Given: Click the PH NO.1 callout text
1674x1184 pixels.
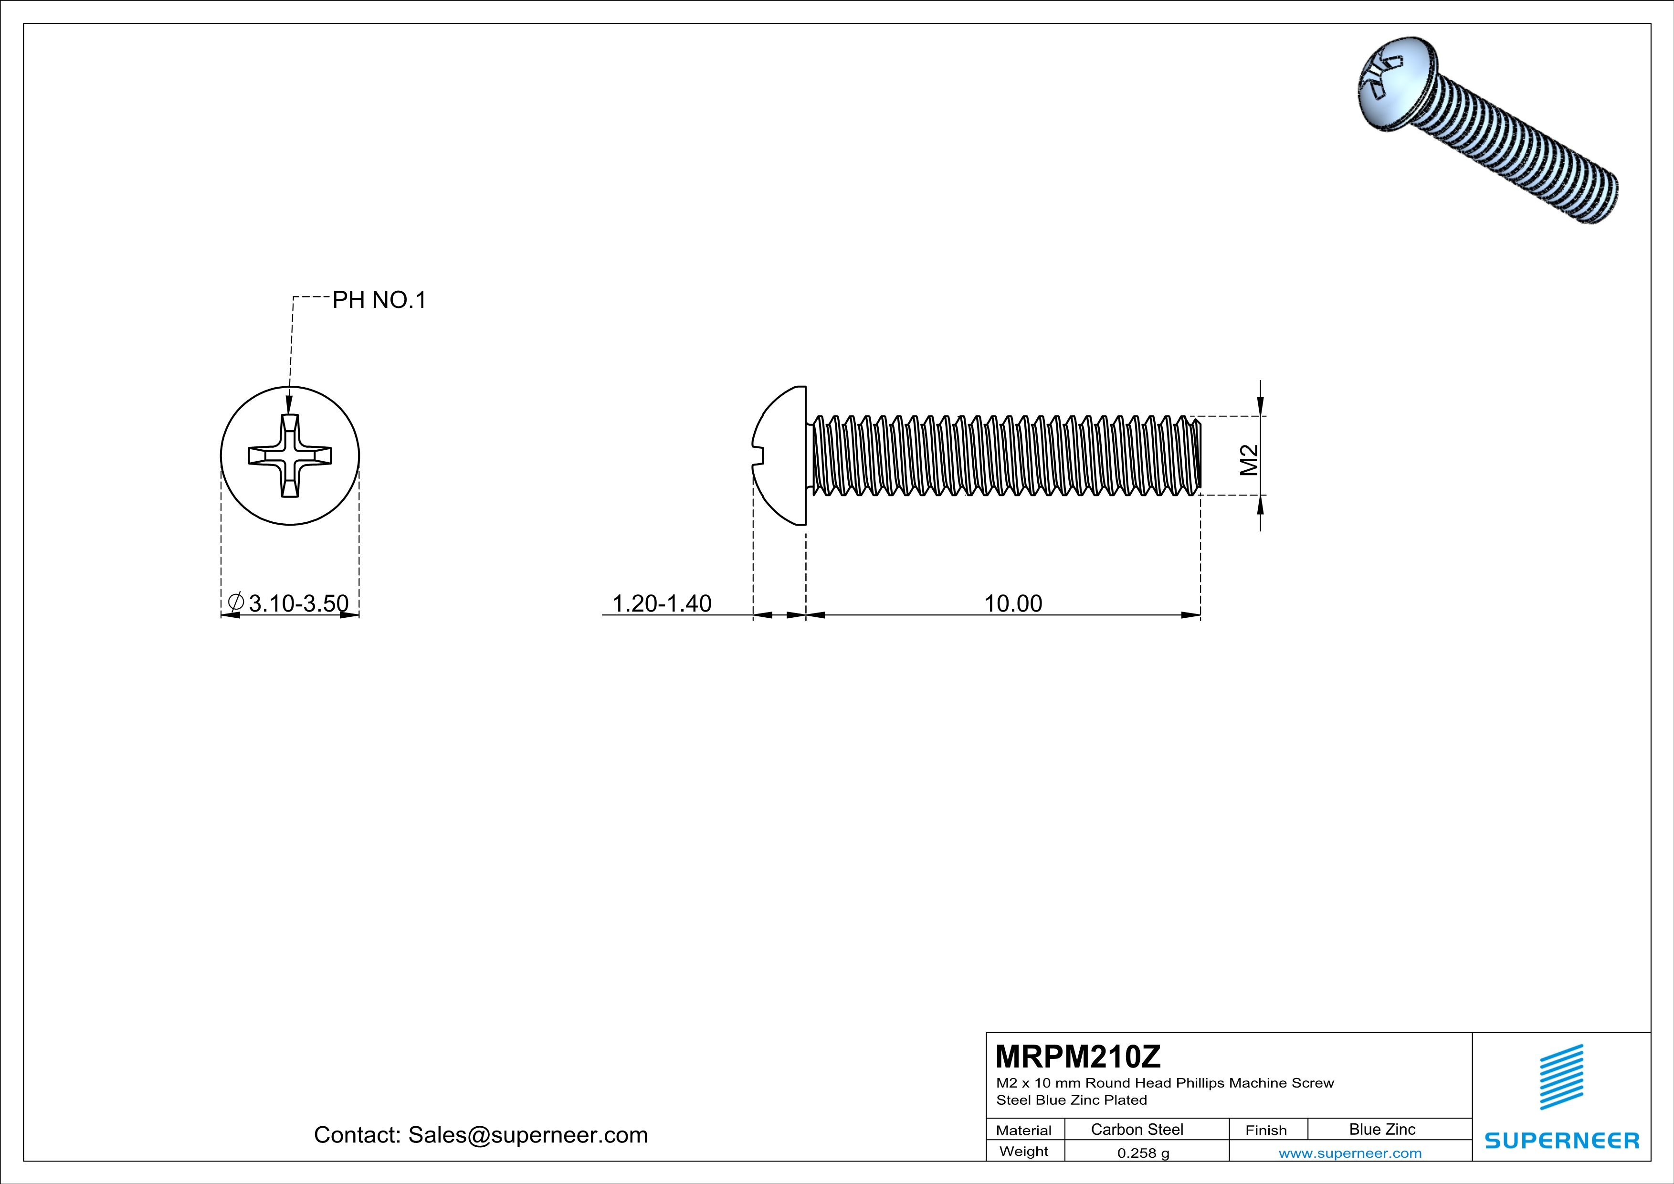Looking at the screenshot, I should pyautogui.click(x=379, y=300).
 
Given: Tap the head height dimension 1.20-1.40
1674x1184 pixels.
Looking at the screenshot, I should pyautogui.click(x=661, y=603).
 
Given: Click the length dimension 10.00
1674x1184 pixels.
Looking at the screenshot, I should pyautogui.click(x=1013, y=603).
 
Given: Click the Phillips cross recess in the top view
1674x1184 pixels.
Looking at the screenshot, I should pyautogui.click(x=290, y=455).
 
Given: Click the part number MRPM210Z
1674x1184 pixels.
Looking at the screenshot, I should pyautogui.click(x=1078, y=1056).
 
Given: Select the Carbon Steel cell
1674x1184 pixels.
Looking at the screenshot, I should pyautogui.click(x=1137, y=1129).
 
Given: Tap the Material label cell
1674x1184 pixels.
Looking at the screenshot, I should pyautogui.click(x=1024, y=1130).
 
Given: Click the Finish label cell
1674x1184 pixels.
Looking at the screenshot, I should pyautogui.click(x=1266, y=1130).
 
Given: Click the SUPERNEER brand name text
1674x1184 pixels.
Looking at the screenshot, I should pyautogui.click(x=1562, y=1140).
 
